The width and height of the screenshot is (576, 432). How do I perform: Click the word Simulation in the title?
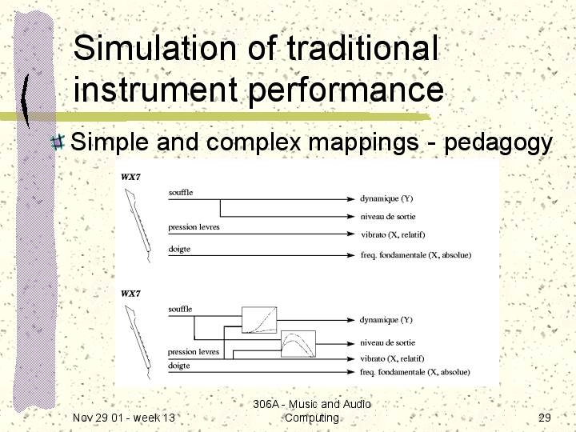point(154,48)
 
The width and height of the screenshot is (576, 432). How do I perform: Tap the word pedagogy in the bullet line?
point(498,142)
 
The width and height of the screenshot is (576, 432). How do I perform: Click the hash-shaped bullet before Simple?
point(58,142)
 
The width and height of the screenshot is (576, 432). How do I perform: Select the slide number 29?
point(545,418)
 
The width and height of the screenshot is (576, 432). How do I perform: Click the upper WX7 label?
point(130,177)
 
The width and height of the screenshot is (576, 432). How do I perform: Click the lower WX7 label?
point(130,294)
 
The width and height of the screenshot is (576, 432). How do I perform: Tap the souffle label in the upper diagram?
point(180,192)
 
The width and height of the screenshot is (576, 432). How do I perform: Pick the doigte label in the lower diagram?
point(179,366)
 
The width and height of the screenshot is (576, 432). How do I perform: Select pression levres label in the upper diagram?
point(194,227)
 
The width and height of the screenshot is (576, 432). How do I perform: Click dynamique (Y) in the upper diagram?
point(386,198)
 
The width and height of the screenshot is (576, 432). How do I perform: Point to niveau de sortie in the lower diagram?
point(387,342)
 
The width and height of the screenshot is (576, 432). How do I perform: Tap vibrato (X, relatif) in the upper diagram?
point(393,234)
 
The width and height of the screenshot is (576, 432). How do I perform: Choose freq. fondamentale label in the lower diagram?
point(414,372)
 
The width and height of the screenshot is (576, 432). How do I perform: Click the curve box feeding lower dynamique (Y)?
point(259,320)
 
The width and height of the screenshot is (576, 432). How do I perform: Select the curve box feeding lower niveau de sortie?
point(298,344)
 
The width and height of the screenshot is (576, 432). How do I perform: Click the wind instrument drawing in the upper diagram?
point(138,225)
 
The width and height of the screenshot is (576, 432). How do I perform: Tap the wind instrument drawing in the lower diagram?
point(138,342)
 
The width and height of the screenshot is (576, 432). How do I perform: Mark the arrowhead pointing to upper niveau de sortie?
point(350,216)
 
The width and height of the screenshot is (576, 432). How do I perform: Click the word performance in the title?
point(346,90)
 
